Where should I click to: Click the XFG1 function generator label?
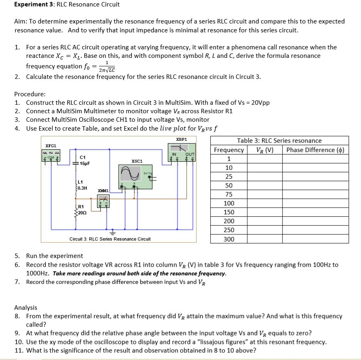[51, 146]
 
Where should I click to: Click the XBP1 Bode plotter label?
[182, 139]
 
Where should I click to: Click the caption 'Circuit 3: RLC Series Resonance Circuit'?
[110, 239]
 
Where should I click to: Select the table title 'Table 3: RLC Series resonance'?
[279, 141]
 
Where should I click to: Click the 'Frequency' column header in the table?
[229, 150]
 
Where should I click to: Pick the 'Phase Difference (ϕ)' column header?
[315, 150]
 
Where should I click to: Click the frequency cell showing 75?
[229, 195]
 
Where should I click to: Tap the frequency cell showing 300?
[229, 239]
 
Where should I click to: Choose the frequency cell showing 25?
[229, 177]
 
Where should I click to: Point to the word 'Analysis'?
[26, 307]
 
